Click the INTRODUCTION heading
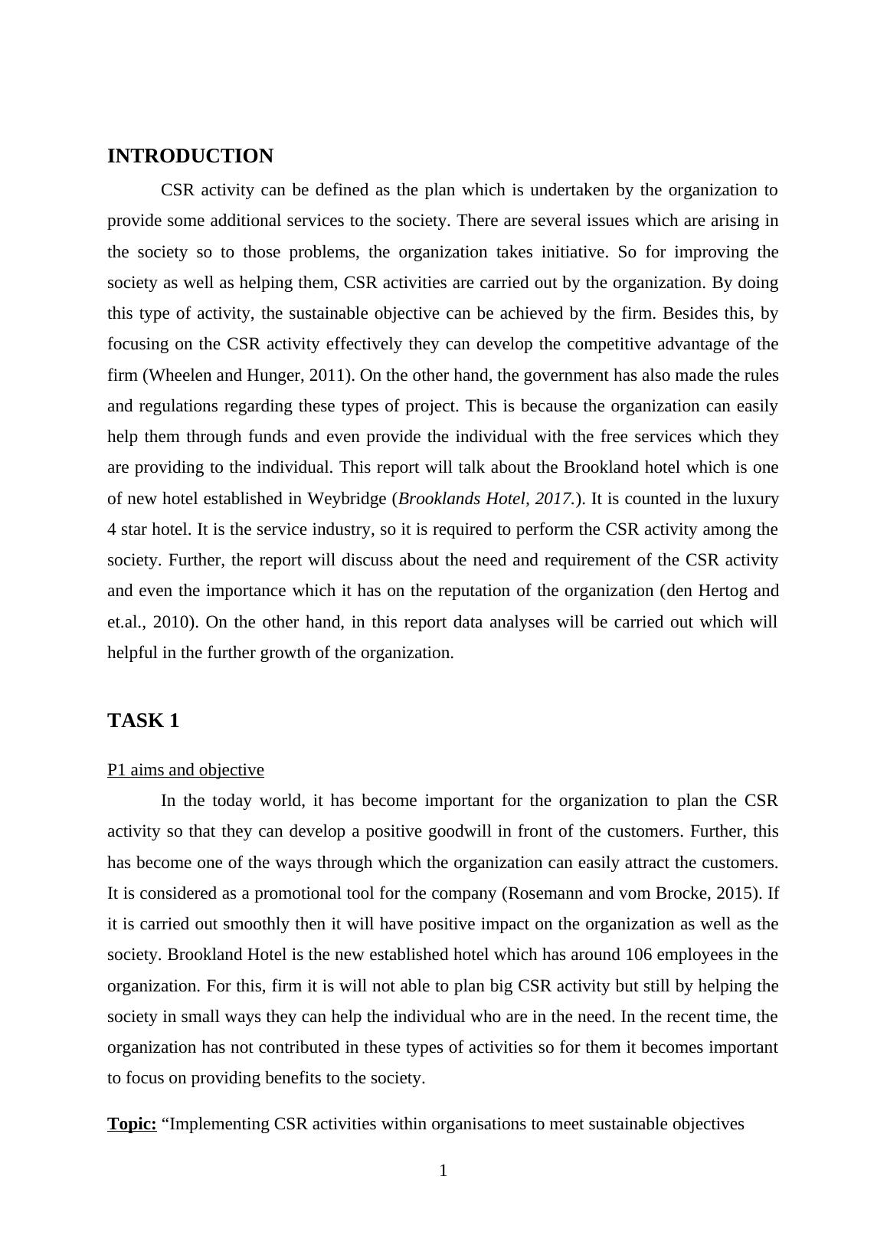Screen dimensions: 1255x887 (190, 156)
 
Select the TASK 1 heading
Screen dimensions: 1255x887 (143, 721)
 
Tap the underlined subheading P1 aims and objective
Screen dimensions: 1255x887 (185, 770)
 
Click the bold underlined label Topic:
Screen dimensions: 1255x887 (132, 1124)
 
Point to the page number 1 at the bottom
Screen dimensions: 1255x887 (443, 1171)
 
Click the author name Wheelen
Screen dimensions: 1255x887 (175, 375)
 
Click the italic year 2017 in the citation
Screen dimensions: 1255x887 (553, 499)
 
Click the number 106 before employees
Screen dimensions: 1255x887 (639, 955)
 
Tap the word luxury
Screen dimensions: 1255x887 (756, 499)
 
